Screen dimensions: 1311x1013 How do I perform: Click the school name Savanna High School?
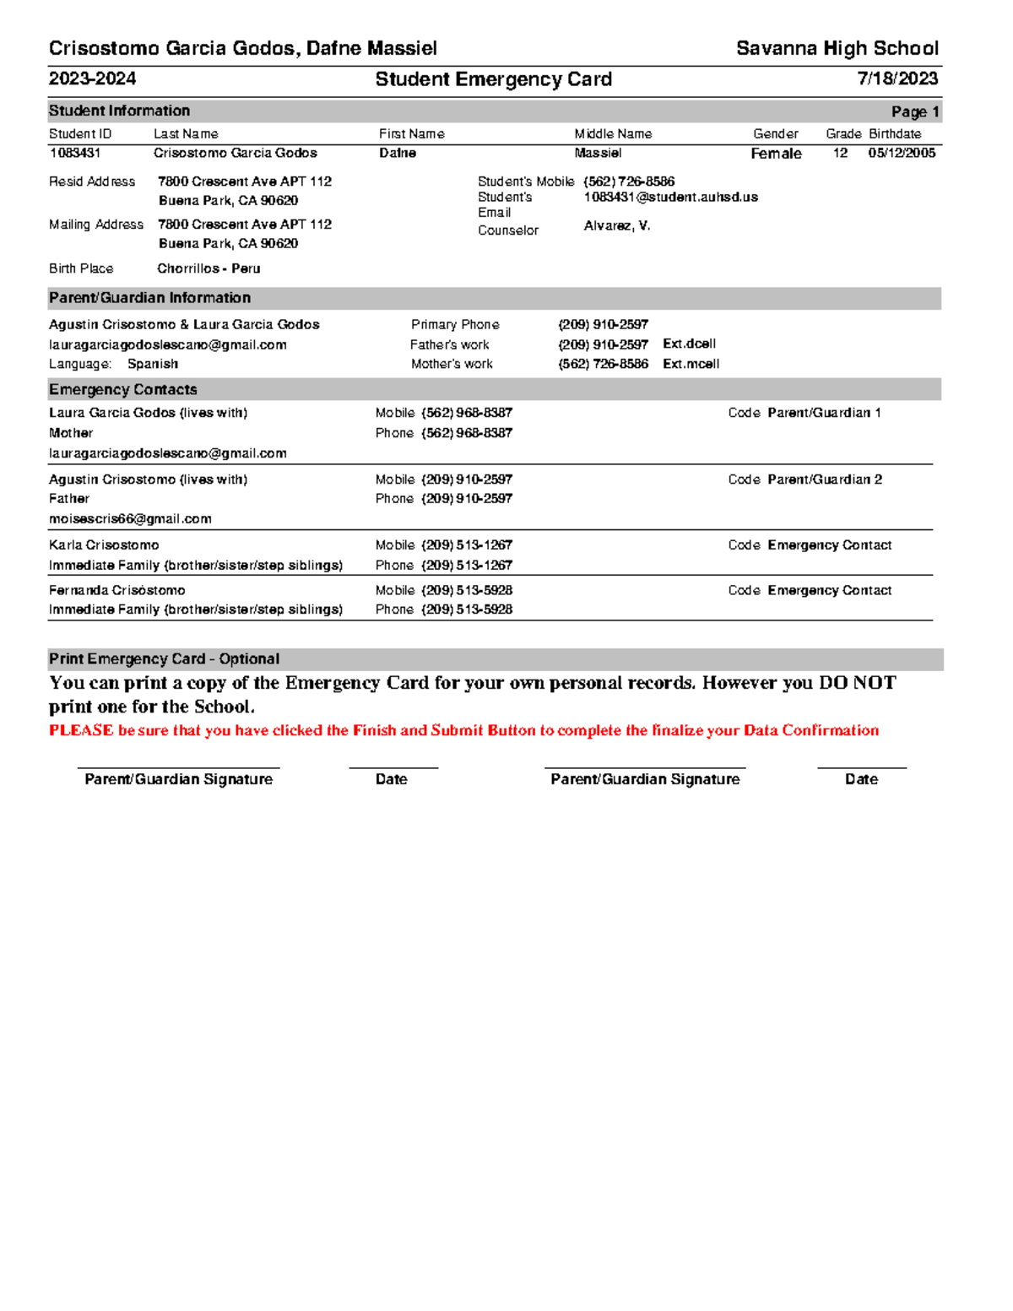coord(837,49)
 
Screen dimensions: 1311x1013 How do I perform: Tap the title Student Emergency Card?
coord(493,79)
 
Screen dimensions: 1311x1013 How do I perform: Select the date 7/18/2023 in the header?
coord(897,79)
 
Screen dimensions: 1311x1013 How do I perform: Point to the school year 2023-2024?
coord(92,79)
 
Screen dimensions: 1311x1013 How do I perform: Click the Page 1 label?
coord(914,111)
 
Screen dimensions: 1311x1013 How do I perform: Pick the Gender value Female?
coord(776,154)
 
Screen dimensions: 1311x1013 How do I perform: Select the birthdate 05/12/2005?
coord(902,153)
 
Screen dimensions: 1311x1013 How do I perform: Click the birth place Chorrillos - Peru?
coord(209,268)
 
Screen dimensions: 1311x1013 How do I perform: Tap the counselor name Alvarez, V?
coord(616,226)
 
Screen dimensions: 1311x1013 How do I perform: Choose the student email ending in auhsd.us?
coord(670,197)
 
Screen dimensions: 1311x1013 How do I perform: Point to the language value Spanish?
coord(153,364)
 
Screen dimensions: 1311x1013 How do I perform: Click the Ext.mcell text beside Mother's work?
coord(691,364)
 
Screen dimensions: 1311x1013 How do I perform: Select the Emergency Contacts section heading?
coord(123,389)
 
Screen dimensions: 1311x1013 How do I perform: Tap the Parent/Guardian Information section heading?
coord(149,298)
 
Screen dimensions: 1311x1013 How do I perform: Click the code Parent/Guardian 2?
coord(825,479)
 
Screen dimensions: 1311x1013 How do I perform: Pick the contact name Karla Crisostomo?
coord(104,545)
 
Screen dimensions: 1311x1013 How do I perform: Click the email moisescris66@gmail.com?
coord(130,519)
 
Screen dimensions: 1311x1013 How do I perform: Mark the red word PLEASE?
coord(81,730)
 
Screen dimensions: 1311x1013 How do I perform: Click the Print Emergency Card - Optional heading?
coord(164,659)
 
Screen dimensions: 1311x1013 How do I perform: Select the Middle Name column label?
coord(613,134)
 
